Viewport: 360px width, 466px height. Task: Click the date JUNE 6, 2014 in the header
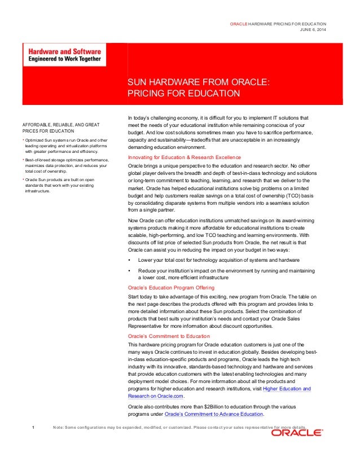tap(313, 29)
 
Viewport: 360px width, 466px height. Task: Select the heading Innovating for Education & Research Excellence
tap(185, 157)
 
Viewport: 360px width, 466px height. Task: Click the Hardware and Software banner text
tap(62, 50)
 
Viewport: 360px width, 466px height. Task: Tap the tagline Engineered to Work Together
tap(62, 58)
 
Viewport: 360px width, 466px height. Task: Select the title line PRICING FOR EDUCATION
tap(184, 93)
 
